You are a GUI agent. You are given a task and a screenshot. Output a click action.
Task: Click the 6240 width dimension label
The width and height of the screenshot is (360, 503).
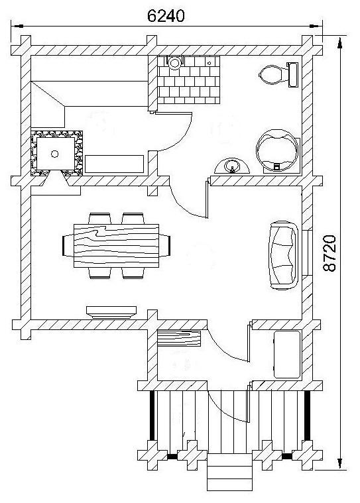click(166, 16)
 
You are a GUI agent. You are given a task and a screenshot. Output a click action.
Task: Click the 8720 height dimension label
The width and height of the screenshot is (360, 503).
click(330, 253)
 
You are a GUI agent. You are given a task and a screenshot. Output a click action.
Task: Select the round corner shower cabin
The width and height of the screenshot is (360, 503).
click(278, 151)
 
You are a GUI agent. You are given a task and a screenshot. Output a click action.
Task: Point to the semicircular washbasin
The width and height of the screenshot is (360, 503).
click(232, 166)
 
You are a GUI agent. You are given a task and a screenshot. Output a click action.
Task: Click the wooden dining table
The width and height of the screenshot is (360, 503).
click(116, 246)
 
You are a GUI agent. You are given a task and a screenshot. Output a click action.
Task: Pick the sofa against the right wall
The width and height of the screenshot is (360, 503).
click(283, 255)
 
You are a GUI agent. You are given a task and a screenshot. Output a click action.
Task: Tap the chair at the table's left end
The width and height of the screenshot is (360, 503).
click(68, 245)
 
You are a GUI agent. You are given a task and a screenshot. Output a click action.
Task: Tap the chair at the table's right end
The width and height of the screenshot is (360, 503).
click(164, 245)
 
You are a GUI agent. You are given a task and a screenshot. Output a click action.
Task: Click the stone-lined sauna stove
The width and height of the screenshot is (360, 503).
click(57, 153)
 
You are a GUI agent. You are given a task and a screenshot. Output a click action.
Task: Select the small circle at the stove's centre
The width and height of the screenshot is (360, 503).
click(55, 154)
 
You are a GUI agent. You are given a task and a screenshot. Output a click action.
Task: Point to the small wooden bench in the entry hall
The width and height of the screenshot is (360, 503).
click(179, 339)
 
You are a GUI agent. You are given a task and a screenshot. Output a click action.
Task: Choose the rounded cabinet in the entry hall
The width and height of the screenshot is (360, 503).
click(287, 354)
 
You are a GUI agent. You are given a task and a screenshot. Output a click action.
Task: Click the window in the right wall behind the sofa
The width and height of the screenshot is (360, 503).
click(310, 252)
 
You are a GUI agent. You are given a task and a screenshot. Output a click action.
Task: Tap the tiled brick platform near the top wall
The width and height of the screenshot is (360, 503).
click(189, 80)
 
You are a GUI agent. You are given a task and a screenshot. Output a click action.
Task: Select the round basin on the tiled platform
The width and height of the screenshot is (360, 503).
click(174, 62)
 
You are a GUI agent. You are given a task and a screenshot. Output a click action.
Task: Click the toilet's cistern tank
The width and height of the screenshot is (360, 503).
click(293, 75)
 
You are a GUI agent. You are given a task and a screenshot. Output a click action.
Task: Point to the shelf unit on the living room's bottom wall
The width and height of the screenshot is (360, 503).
click(111, 312)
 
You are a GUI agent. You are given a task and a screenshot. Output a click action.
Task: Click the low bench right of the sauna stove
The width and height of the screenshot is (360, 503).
click(114, 164)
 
